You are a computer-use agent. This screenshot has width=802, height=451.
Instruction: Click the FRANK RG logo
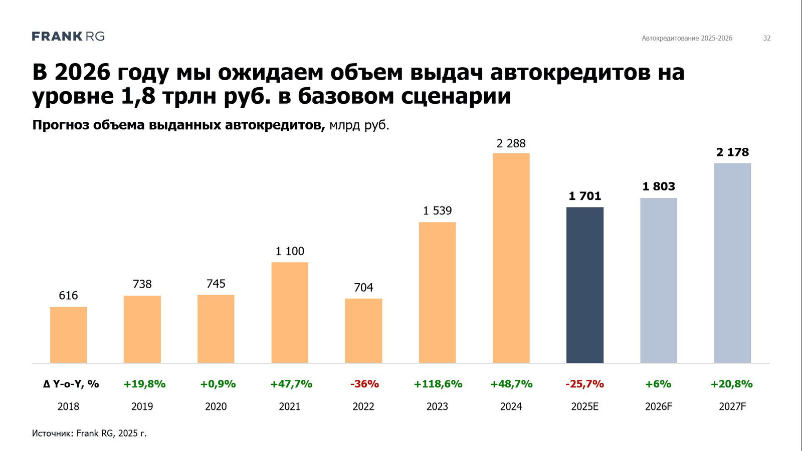(x=68, y=36)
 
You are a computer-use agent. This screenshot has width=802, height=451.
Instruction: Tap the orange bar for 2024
(x=511, y=258)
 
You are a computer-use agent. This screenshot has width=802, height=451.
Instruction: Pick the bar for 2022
(x=363, y=331)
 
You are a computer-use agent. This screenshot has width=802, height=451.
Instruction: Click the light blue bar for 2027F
(x=732, y=263)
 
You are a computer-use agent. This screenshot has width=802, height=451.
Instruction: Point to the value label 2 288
(x=511, y=144)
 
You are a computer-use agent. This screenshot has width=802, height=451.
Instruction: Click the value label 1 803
(x=659, y=186)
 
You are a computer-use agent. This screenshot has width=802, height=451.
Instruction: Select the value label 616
(x=68, y=296)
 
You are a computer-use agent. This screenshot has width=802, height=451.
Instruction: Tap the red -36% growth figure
(x=364, y=384)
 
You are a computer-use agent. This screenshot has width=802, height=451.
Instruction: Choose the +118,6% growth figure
(x=438, y=384)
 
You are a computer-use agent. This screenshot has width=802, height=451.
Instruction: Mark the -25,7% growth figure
(x=584, y=384)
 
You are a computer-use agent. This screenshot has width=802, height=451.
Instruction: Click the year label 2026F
(x=659, y=406)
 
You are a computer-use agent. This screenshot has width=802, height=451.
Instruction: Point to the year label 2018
(x=68, y=406)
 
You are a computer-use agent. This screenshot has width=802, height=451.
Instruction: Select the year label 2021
(x=290, y=406)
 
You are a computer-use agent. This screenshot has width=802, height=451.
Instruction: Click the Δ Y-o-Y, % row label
(x=71, y=384)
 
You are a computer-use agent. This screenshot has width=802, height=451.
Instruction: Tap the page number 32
(x=766, y=38)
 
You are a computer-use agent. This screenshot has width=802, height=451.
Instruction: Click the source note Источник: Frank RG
(x=89, y=433)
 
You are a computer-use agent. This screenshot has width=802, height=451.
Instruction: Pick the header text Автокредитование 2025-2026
(x=687, y=38)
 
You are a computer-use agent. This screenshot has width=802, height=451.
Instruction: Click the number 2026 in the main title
(x=82, y=73)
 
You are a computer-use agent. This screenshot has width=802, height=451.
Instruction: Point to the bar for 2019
(x=142, y=329)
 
